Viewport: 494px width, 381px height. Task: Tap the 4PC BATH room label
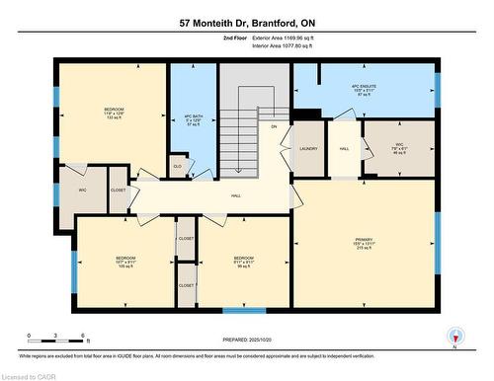coord(194,121)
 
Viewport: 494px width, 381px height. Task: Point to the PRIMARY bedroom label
coord(365,246)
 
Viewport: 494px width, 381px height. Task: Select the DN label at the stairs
coord(273,126)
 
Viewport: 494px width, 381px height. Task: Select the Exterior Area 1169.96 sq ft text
coord(292,38)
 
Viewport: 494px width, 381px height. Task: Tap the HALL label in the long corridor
coord(236,195)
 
